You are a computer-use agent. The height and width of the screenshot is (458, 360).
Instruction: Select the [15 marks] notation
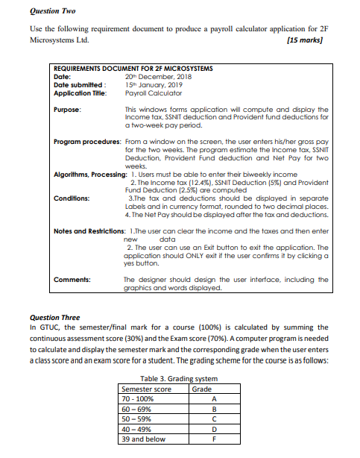(306, 40)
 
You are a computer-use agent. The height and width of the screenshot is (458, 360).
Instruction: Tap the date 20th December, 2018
(159, 75)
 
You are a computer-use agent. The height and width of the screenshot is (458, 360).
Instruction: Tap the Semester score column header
(147, 389)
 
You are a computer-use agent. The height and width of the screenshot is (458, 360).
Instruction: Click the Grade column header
(202, 389)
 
